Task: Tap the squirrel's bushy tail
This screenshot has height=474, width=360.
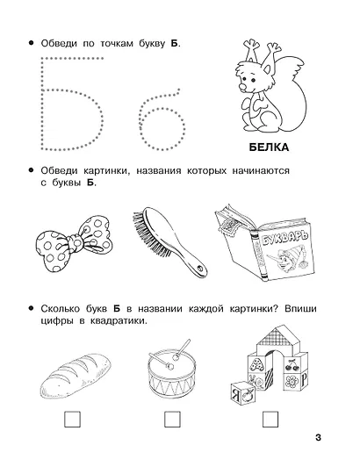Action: click(292, 98)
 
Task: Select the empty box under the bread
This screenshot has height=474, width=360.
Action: click(72, 420)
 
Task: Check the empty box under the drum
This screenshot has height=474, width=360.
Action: click(172, 420)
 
